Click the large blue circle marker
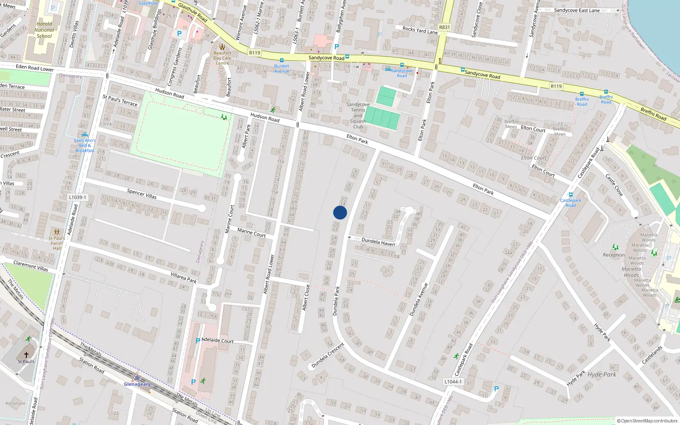click(x=340, y=212)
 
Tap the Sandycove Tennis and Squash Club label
click(x=358, y=116)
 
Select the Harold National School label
click(x=44, y=30)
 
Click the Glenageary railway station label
click(x=137, y=384)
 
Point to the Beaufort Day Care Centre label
click(x=222, y=58)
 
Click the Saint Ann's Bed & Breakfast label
click(x=85, y=145)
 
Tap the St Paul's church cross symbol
click(x=26, y=354)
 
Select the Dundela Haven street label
click(x=378, y=242)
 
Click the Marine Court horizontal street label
click(x=251, y=232)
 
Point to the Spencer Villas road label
click(x=142, y=194)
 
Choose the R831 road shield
click(x=444, y=27)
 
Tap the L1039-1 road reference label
click(x=77, y=197)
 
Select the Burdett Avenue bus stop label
click(x=281, y=68)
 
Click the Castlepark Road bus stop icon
click(x=570, y=195)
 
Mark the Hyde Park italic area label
click(x=601, y=374)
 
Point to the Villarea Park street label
click(x=184, y=278)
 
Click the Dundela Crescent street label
click(x=328, y=355)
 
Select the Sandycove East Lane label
click(x=577, y=10)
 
